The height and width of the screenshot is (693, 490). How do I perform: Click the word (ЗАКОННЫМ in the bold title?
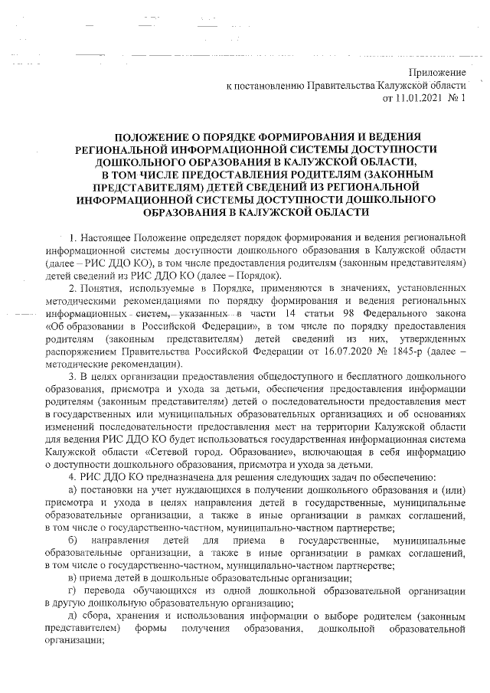click(407, 173)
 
